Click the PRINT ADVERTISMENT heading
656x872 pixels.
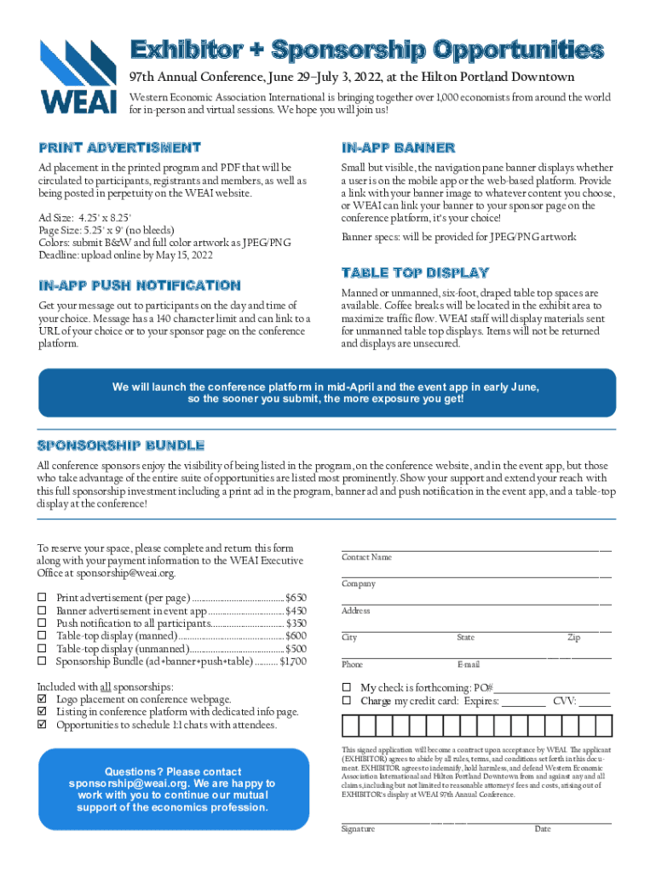(x=119, y=148)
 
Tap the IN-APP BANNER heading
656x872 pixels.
(x=398, y=148)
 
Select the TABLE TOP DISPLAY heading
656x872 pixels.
(x=415, y=273)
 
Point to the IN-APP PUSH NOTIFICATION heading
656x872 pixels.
(x=139, y=285)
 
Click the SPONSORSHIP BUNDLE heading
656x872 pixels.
(x=120, y=445)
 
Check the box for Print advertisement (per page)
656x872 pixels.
(x=42, y=599)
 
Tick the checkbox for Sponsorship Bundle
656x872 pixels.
(x=42, y=661)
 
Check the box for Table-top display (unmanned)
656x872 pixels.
(x=42, y=648)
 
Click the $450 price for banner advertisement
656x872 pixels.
(x=296, y=611)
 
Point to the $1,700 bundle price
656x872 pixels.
(x=293, y=661)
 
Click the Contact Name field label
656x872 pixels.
(x=366, y=558)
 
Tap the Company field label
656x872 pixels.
(x=359, y=584)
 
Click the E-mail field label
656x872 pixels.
(x=468, y=664)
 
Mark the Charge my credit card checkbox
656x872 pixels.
(x=347, y=701)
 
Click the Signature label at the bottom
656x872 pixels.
(x=358, y=829)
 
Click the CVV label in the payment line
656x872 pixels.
(x=563, y=701)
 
